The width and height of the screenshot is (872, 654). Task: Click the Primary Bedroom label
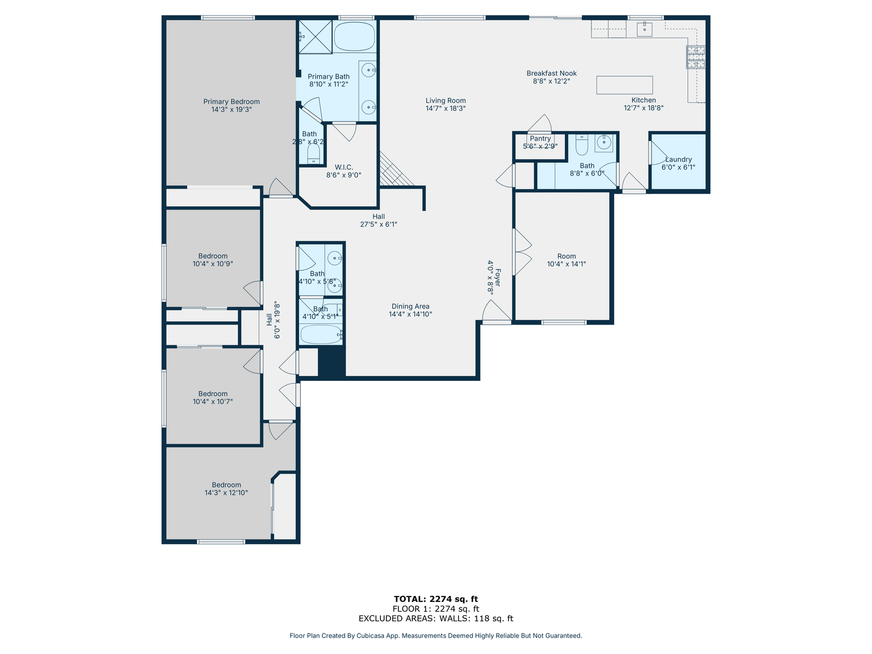pyautogui.click(x=231, y=102)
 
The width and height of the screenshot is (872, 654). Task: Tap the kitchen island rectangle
pyautogui.click(x=624, y=85)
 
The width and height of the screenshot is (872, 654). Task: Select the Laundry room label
pyautogui.click(x=678, y=159)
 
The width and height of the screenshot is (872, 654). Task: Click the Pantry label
pyautogui.click(x=540, y=139)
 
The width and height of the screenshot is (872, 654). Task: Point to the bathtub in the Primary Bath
pyautogui.click(x=354, y=37)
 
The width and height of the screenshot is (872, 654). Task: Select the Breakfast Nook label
pyautogui.click(x=551, y=73)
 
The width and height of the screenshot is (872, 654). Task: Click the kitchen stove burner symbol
pyautogui.click(x=695, y=56)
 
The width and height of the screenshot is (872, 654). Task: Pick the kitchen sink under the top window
pyautogui.click(x=644, y=28)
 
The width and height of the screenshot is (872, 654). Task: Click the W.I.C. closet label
pyautogui.click(x=343, y=167)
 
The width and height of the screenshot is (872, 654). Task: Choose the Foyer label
pyautogui.click(x=498, y=277)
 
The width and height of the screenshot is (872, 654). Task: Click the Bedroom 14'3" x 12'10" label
pyautogui.click(x=226, y=485)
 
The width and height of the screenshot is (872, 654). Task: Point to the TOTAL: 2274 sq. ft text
pyautogui.click(x=435, y=599)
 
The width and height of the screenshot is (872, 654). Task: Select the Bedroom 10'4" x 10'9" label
pyautogui.click(x=213, y=256)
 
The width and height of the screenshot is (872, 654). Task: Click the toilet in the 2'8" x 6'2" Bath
pyautogui.click(x=313, y=153)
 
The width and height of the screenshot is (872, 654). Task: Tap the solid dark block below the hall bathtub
pyautogui.click(x=331, y=362)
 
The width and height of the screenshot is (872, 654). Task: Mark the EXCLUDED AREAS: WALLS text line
pyautogui.click(x=435, y=618)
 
